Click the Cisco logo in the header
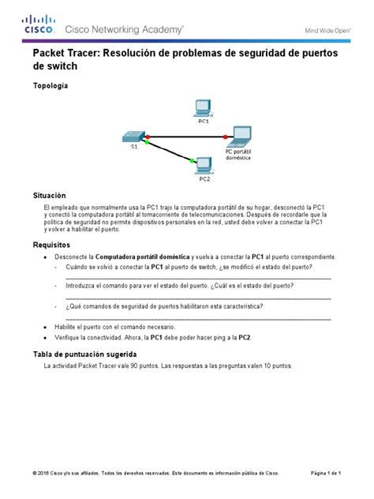(38, 26)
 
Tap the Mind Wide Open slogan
(327, 31)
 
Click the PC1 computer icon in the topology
(202, 107)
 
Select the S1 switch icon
(133, 135)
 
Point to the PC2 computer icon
(204, 164)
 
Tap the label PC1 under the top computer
(203, 122)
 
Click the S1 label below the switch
(133, 147)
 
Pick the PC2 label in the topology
(204, 178)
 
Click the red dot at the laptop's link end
(225, 137)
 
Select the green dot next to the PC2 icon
(192, 162)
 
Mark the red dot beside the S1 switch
(148, 137)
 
